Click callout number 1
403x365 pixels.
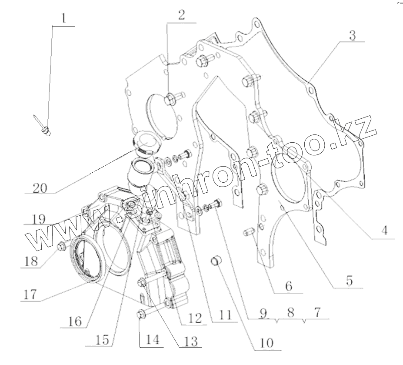[x=63, y=19]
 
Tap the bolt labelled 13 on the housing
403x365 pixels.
[x=142, y=284]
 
